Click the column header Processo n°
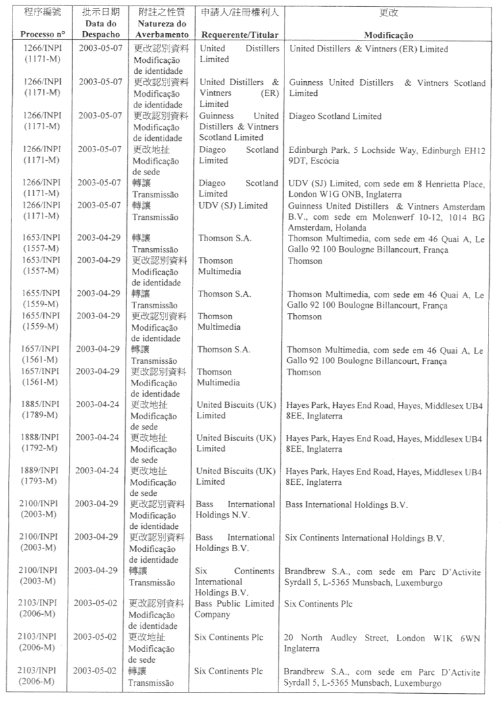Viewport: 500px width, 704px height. [43, 34]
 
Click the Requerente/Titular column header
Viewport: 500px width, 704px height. [240, 34]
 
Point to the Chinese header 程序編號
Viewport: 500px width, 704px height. [43, 13]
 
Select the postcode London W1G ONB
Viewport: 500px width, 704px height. [322, 194]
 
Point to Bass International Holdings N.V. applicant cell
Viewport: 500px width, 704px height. [236, 510]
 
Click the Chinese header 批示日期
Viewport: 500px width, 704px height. [101, 13]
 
